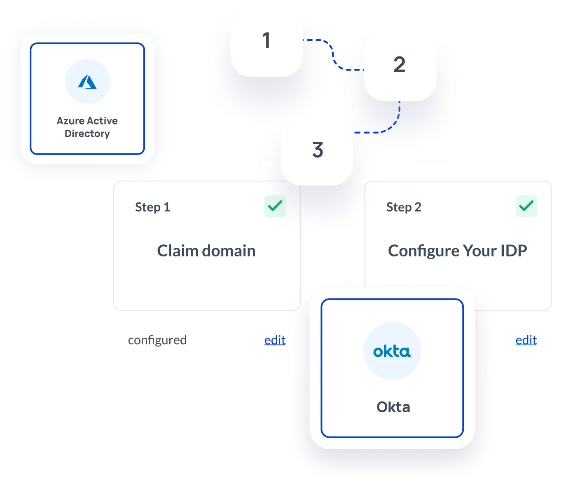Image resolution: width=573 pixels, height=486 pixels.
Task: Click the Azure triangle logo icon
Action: [87, 82]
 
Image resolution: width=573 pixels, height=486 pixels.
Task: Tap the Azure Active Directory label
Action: [87, 127]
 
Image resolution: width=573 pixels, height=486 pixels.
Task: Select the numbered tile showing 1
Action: [267, 40]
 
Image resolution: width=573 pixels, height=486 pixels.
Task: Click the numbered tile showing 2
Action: [400, 64]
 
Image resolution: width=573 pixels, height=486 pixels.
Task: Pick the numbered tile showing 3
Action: [317, 150]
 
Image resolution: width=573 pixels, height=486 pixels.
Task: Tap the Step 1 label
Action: [152, 207]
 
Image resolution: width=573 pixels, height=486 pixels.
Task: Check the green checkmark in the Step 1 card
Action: [275, 206]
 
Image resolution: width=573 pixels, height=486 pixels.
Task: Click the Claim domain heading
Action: [206, 251]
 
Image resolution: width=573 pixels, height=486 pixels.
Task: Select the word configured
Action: [157, 340]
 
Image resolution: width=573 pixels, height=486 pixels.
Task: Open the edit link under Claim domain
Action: [275, 340]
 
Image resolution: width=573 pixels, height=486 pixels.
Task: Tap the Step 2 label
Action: [404, 207]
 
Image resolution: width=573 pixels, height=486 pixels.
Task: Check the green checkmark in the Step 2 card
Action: [526, 206]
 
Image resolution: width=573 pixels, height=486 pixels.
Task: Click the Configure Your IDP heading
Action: [457, 251]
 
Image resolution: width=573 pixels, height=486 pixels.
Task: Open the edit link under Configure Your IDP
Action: [526, 340]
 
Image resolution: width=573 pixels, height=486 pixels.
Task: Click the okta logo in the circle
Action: [392, 351]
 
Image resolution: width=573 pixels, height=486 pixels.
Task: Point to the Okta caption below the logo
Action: [393, 407]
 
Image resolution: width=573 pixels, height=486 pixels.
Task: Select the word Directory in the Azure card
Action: [87, 134]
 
